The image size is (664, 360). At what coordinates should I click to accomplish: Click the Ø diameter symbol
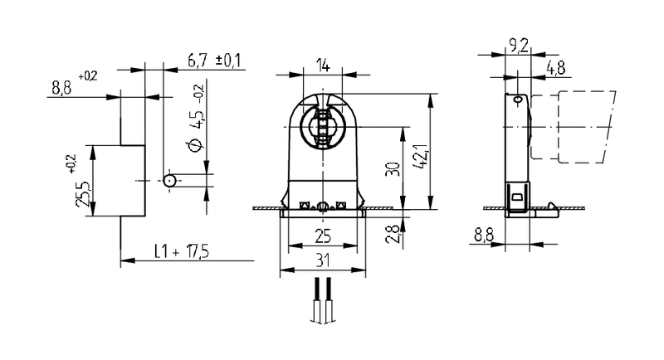tap(195, 146)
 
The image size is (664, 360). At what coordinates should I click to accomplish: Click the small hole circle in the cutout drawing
tap(169, 181)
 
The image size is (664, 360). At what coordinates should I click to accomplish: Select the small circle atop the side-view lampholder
tap(518, 100)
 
